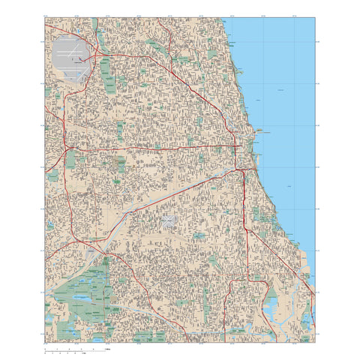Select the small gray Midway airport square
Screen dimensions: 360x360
pyautogui.click(x=169, y=222)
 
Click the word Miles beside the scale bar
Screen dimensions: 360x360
pyautogui.click(x=108, y=349)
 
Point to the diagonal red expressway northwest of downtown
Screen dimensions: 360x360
pyautogui.click(x=202, y=97)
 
